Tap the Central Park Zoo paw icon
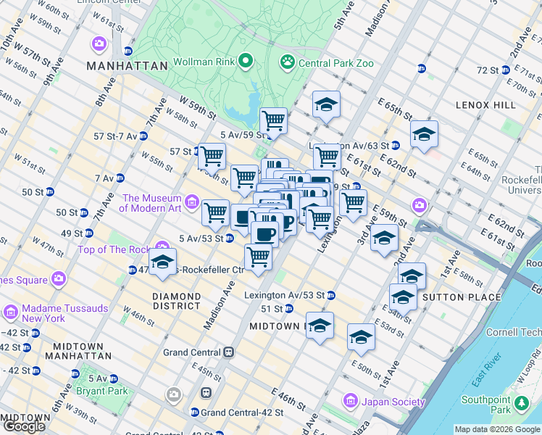[x=287, y=63]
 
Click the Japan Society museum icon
[x=351, y=401]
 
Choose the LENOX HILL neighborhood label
[x=485, y=105]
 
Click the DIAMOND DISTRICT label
[x=177, y=302]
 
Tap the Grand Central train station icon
[x=228, y=352]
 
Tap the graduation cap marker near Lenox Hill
[x=424, y=134]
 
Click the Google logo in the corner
[x=25, y=426]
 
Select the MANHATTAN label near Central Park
[x=127, y=66]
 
